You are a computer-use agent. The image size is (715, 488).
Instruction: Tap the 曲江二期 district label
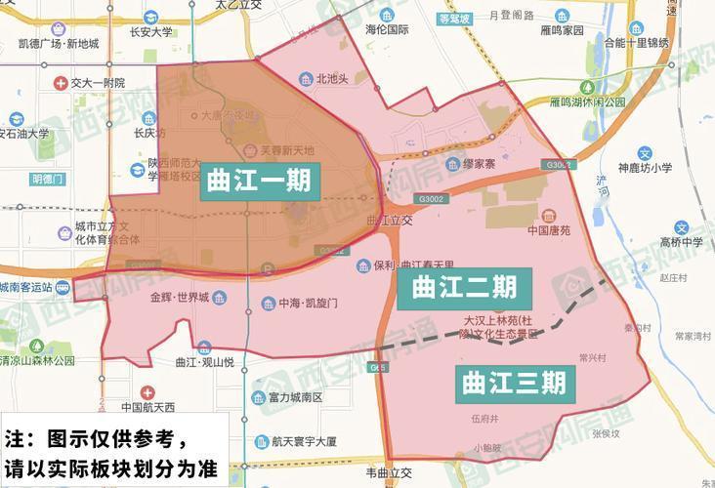(x=464, y=287)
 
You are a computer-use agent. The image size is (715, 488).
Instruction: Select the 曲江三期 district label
(x=513, y=382)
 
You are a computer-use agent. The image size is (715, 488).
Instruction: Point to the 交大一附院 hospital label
(x=97, y=83)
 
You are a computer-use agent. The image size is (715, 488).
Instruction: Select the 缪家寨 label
(x=484, y=164)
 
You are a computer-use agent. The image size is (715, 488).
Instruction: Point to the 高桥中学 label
(x=680, y=241)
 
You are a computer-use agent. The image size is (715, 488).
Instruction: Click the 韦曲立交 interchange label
(x=389, y=473)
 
